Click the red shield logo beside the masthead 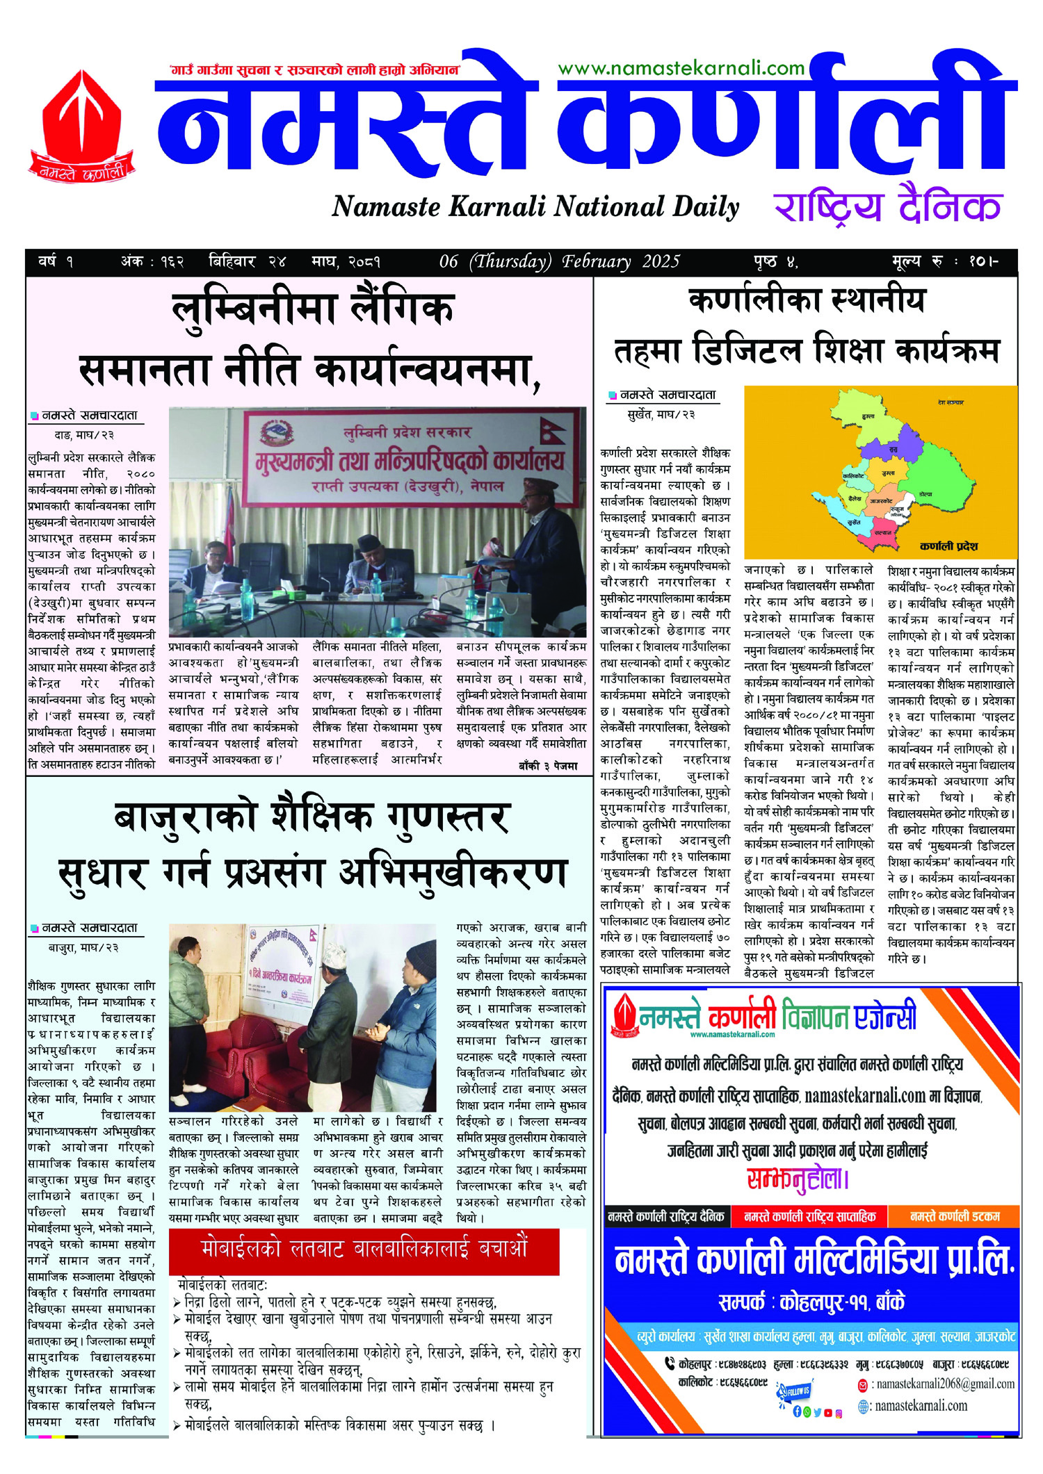(82, 125)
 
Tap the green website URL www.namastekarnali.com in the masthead (681, 68)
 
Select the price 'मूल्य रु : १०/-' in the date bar (945, 262)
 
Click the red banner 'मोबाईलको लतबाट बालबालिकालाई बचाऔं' (364, 1248)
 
